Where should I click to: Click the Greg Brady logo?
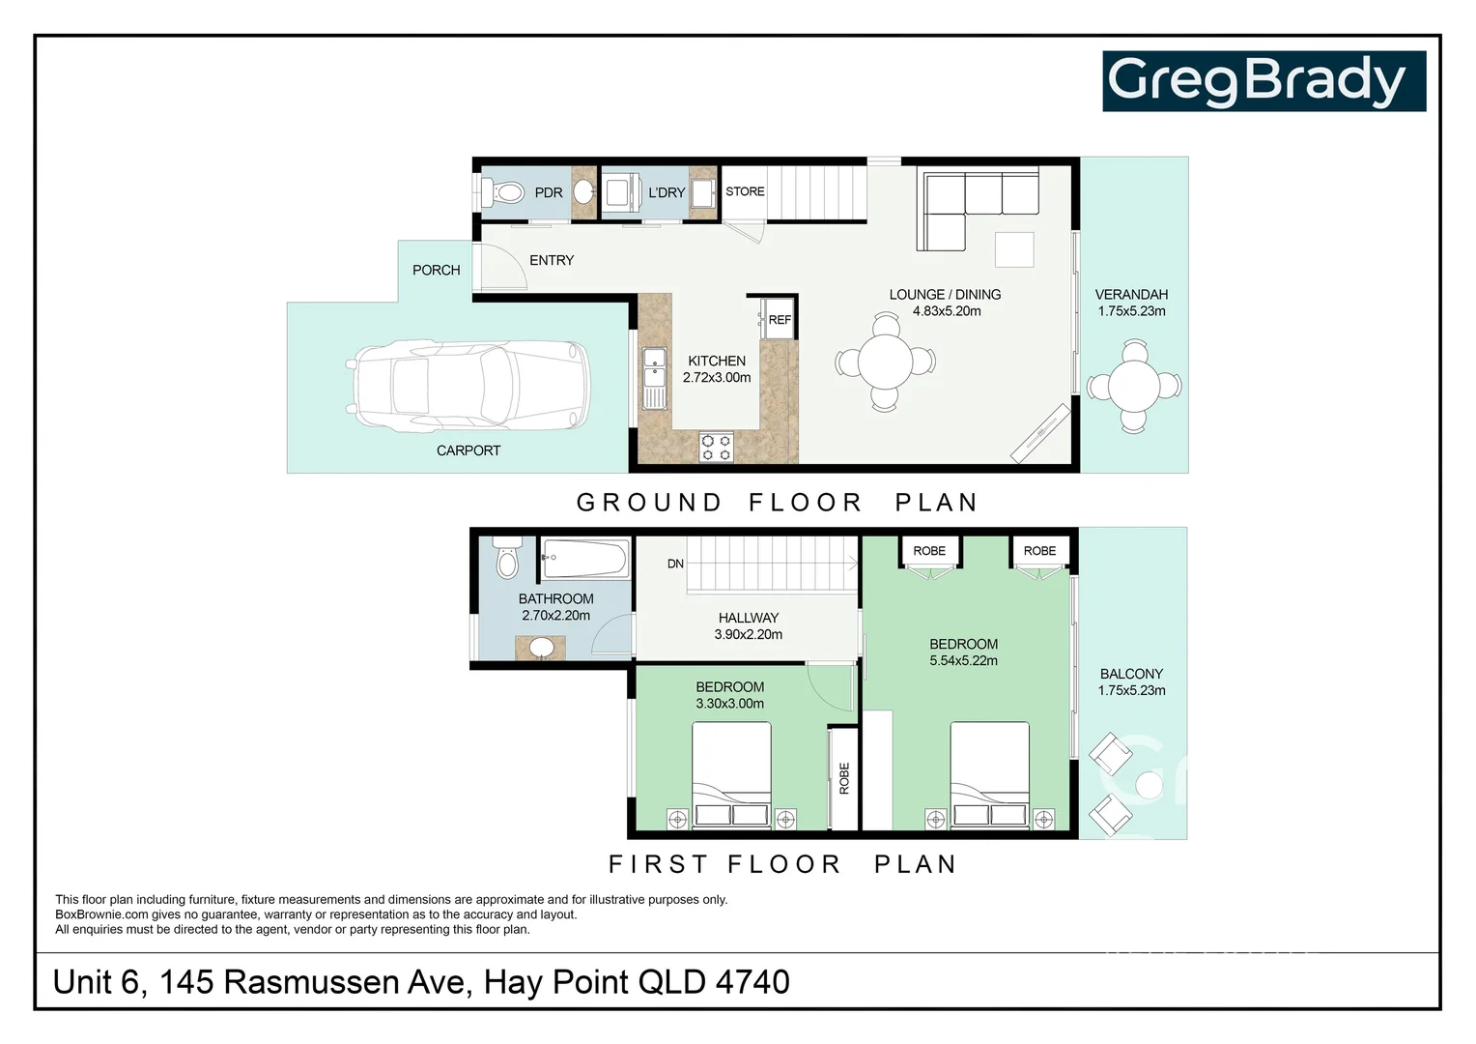pyautogui.click(x=1263, y=81)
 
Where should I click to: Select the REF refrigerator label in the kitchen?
pyautogui.click(x=780, y=320)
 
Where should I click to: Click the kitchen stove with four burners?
pyautogui.click(x=716, y=447)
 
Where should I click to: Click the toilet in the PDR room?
pyautogui.click(x=504, y=192)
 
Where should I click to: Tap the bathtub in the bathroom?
pyautogui.click(x=584, y=558)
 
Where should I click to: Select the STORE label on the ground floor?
pyautogui.click(x=745, y=191)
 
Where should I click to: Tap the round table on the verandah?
pyautogui.click(x=1134, y=387)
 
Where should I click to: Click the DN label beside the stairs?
pyautogui.click(x=675, y=564)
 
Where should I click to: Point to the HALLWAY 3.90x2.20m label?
pyautogui.click(x=748, y=626)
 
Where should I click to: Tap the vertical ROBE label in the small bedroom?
pyautogui.click(x=844, y=778)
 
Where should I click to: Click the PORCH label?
pyautogui.click(x=436, y=270)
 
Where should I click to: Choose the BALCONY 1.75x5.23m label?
pyautogui.click(x=1131, y=681)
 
